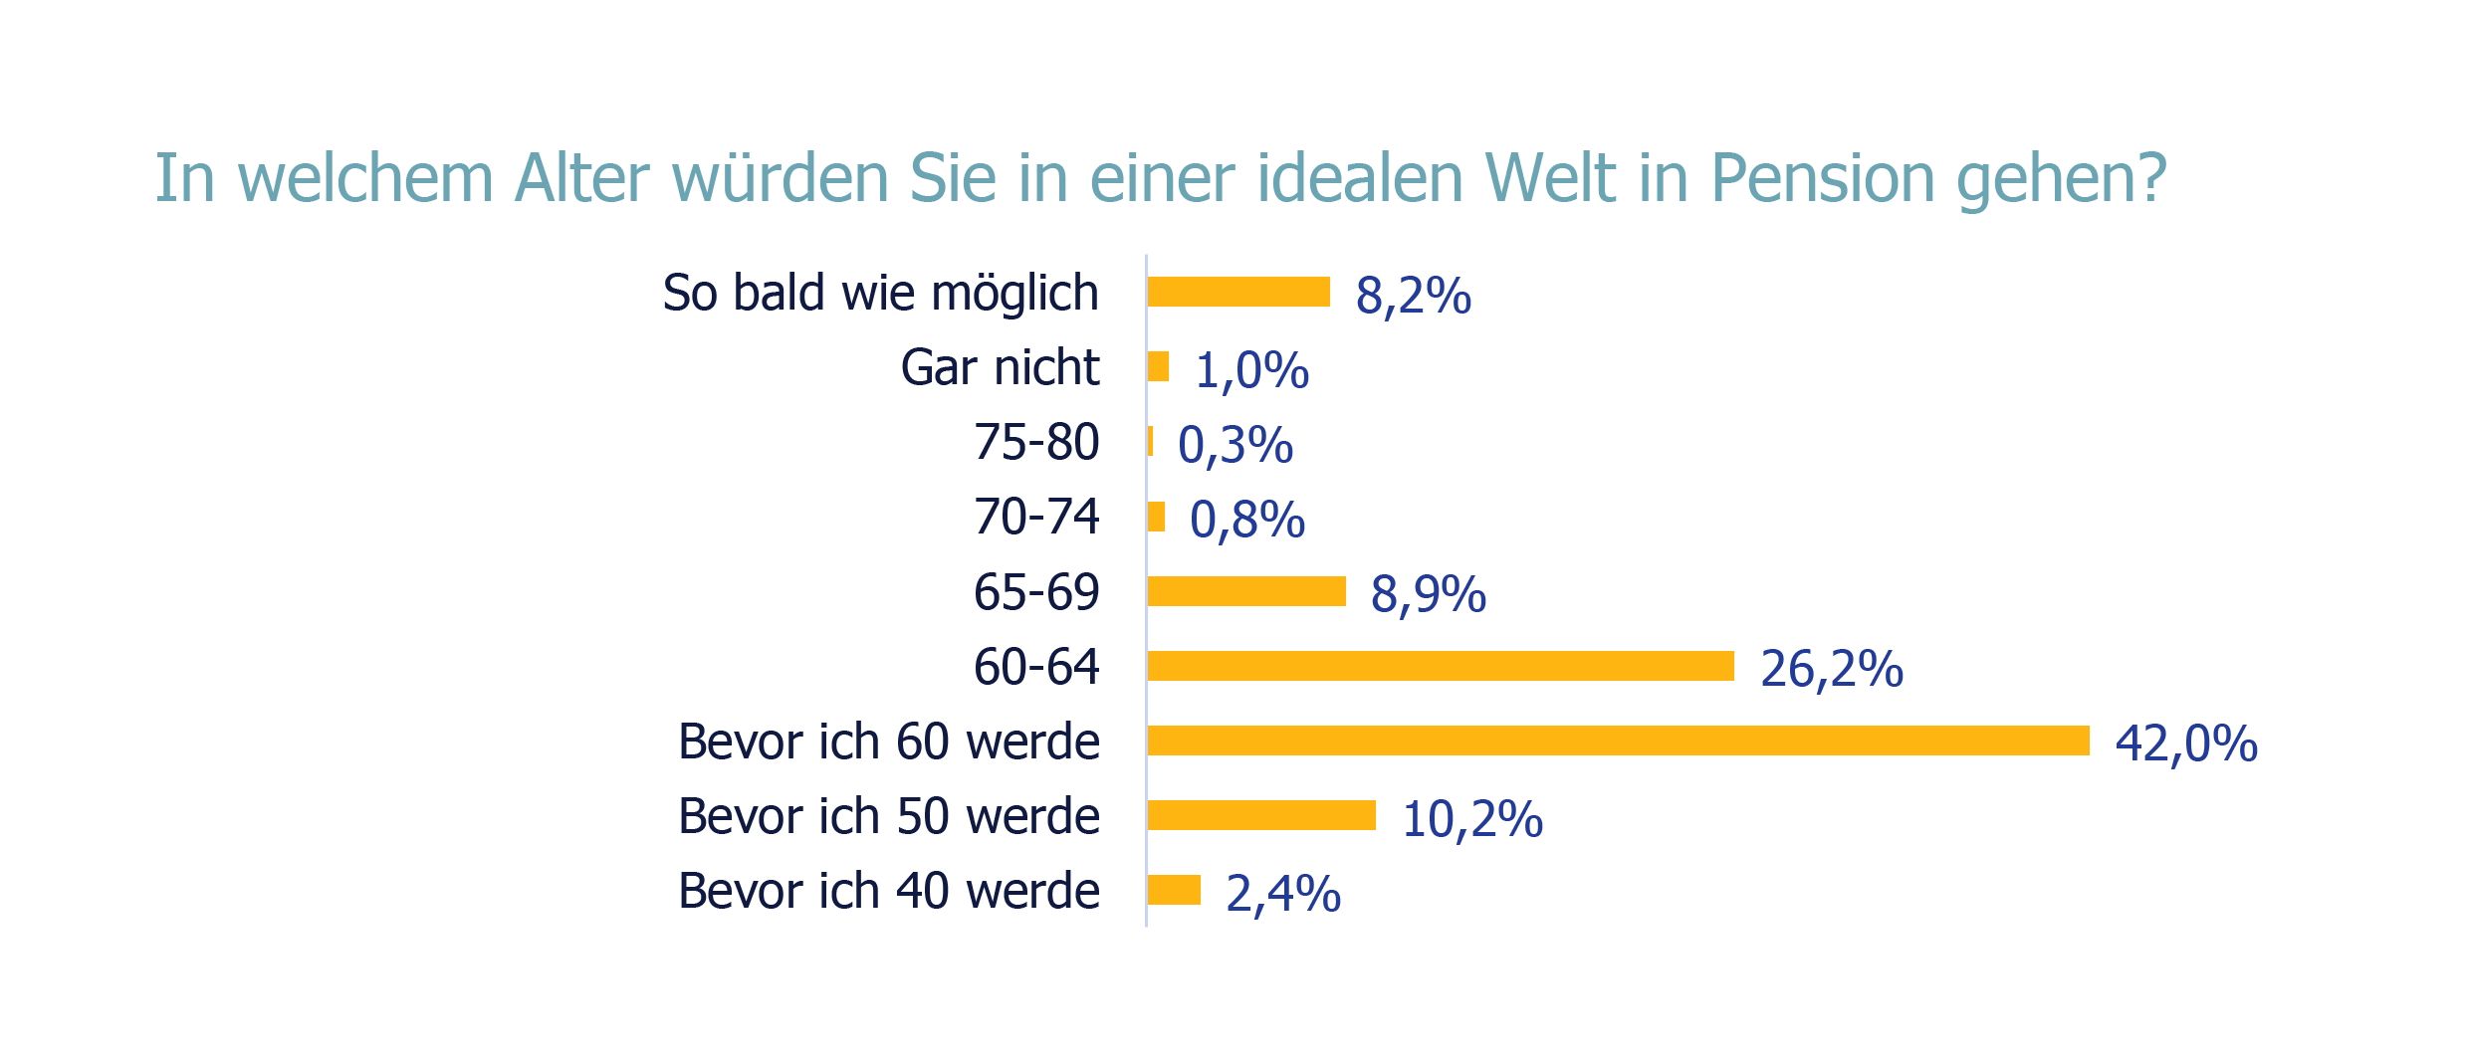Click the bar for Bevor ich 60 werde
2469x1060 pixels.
1618,741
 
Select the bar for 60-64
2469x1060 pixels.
1440,666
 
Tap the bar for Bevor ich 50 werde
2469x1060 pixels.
1260,815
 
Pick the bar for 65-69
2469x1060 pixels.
1245,591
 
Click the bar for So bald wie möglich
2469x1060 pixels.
1237,292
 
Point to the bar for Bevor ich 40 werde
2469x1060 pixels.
1174,890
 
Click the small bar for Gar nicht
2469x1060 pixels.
1158,366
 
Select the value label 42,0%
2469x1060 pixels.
2186,743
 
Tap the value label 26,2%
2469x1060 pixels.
1831,669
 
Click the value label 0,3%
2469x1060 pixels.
1234,445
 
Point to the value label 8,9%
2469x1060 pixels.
1428,594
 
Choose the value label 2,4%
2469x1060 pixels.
1282,893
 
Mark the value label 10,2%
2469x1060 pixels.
1471,819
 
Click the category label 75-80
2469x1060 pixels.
1036,442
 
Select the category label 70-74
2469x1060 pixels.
1036,517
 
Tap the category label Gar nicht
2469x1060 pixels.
1000,367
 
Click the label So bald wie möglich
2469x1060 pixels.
880,293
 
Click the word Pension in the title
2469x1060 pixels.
1822,179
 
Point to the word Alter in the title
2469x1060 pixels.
581,179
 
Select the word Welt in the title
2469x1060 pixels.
1550,179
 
